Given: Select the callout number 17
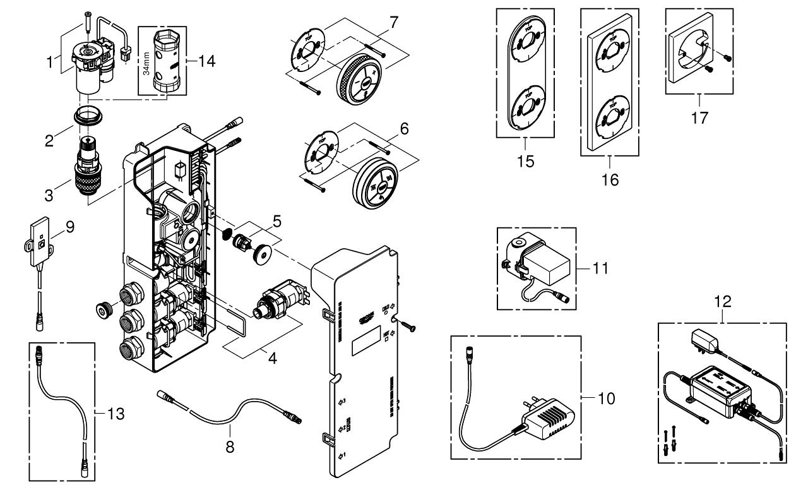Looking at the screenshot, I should pyautogui.click(x=699, y=117).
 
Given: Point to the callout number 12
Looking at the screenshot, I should pyautogui.click(x=723, y=302).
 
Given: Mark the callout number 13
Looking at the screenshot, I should pyautogui.click(x=115, y=414).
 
